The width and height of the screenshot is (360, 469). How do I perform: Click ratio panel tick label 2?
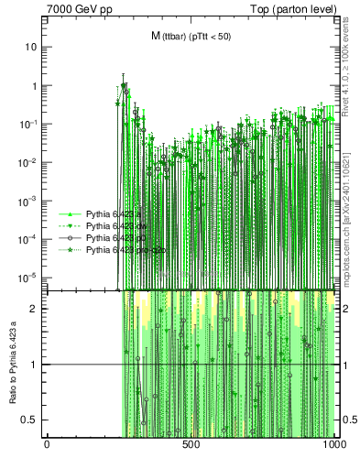pos(35,309)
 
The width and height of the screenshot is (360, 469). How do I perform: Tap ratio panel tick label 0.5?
pos(30,420)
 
